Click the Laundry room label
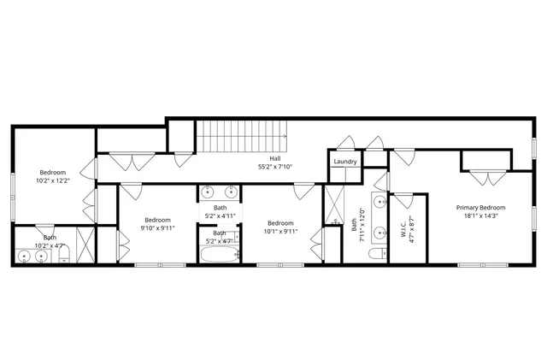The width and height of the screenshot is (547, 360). click(345, 162)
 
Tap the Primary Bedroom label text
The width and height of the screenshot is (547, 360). click(480, 208)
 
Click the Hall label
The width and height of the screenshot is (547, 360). click(274, 158)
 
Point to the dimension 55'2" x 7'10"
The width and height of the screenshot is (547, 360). click(274, 167)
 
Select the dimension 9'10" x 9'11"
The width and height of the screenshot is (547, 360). click(158, 228)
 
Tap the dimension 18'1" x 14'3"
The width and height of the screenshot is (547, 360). click(480, 216)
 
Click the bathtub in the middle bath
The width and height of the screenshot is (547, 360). click(221, 254)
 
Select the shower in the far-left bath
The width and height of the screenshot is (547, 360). click(84, 246)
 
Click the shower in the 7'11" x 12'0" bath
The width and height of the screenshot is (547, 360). click(334, 205)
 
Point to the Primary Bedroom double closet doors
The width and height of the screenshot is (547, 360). click(485, 178)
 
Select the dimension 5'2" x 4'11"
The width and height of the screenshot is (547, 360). click(221, 215)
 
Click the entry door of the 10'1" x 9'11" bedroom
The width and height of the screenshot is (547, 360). click(303, 191)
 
